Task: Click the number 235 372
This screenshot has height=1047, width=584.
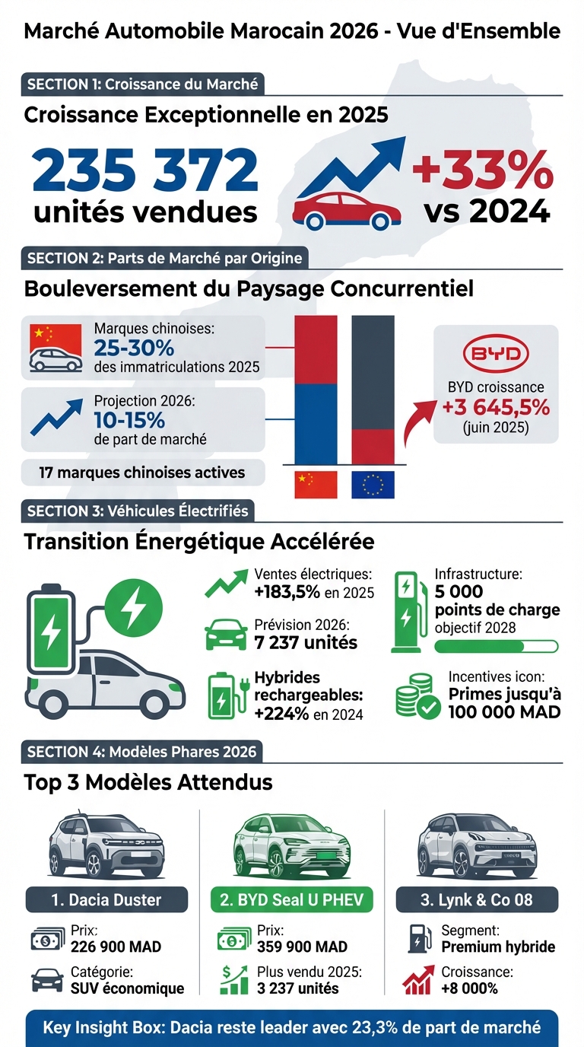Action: (x=145, y=170)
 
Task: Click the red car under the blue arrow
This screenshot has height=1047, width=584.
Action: (x=347, y=209)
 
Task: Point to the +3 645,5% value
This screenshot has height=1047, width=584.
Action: (x=496, y=407)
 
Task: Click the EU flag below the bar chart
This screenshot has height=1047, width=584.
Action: (x=373, y=485)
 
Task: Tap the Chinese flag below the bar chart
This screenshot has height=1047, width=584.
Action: (x=316, y=485)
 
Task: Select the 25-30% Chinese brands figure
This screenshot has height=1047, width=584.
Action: (x=135, y=348)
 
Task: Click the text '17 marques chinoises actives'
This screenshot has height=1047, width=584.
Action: (x=142, y=473)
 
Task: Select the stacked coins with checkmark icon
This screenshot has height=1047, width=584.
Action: (x=417, y=695)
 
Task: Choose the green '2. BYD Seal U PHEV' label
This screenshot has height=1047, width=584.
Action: (x=291, y=900)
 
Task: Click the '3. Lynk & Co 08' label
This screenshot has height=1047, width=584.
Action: (x=477, y=900)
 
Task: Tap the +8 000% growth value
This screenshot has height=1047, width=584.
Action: (x=469, y=988)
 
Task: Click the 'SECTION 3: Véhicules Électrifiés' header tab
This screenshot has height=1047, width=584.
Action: (x=137, y=511)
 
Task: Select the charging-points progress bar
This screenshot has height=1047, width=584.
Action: (x=496, y=646)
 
